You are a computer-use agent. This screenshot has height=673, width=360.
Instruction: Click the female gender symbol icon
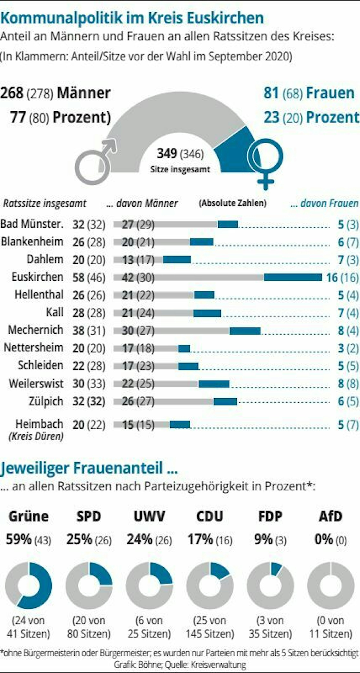click(x=265, y=162)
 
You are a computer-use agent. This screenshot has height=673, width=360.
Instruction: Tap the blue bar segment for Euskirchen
click(x=293, y=277)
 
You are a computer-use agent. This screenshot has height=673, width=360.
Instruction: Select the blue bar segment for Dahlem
click(x=177, y=260)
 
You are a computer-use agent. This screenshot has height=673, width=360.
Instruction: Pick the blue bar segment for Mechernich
click(x=245, y=331)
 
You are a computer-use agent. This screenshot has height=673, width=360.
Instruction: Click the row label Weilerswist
click(x=36, y=383)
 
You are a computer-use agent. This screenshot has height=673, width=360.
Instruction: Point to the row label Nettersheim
click(x=33, y=348)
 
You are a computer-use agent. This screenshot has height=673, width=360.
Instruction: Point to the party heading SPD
click(x=89, y=517)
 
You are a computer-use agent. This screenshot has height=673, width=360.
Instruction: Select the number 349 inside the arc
click(x=167, y=153)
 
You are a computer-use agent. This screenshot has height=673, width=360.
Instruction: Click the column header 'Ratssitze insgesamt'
click(x=44, y=203)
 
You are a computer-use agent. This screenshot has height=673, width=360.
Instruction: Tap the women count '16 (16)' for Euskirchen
click(x=342, y=277)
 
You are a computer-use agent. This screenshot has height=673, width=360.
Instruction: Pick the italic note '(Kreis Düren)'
click(x=36, y=436)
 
